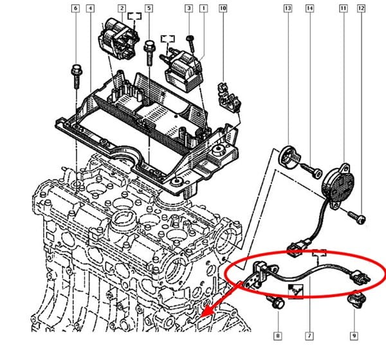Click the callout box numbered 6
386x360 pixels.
[76, 8]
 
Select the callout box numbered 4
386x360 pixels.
[89, 8]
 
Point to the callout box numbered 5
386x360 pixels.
[149, 8]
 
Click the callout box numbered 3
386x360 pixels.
[188, 8]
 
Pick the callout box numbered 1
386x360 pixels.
[203, 8]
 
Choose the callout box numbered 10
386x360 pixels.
[223, 8]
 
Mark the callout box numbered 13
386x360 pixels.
[288, 8]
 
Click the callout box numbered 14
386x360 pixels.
[309, 8]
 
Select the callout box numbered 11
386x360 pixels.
[343, 8]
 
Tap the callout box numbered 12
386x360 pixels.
[361, 8]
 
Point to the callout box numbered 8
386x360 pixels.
[277, 336]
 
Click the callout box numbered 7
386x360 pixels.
[309, 336]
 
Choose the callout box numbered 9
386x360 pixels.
[354, 336]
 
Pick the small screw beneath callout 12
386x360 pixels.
[362, 220]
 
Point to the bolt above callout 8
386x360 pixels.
[279, 303]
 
